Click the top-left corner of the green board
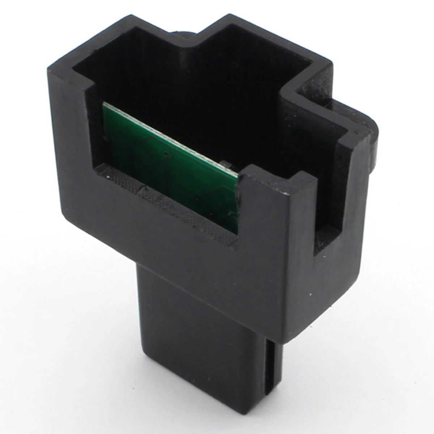point(104,104)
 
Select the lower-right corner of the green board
point(237,231)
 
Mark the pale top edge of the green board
point(170,139)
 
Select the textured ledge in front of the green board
point(163,203)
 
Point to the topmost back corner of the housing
point(233,16)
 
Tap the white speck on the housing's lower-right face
point(309,293)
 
